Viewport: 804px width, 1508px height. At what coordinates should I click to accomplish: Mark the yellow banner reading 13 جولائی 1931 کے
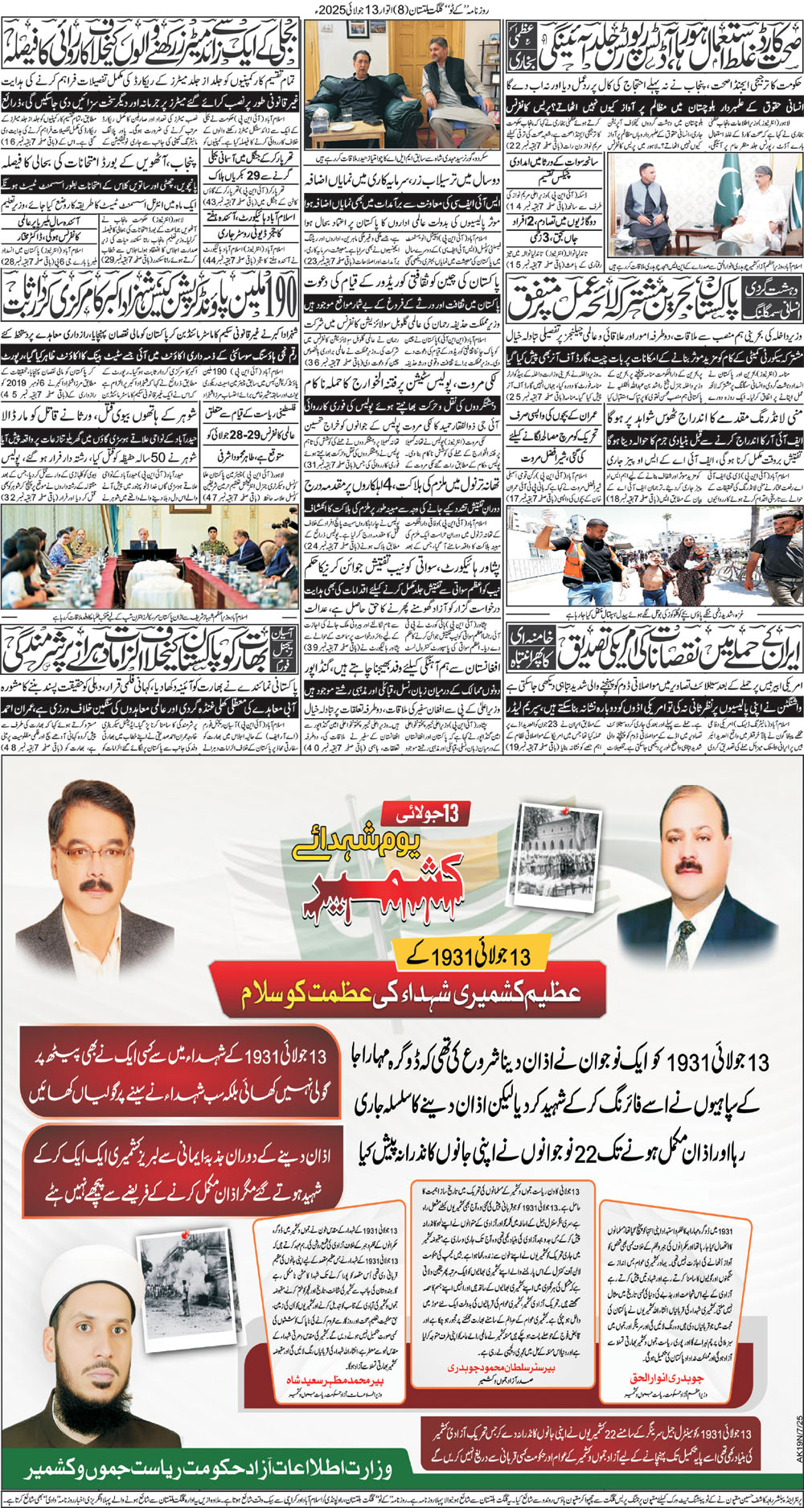click(x=474, y=955)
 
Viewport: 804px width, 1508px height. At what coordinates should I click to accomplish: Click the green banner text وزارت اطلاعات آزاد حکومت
click(x=209, y=1469)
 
